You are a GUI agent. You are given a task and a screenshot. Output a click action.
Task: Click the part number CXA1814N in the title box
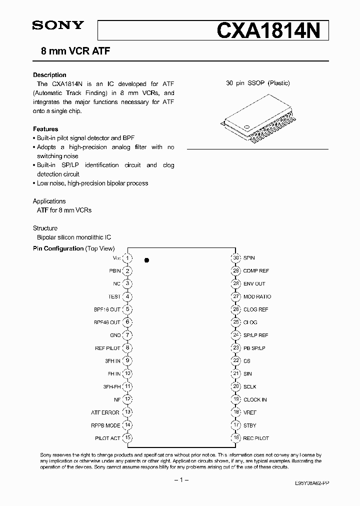(272, 30)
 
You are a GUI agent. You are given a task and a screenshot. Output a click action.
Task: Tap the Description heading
(49, 75)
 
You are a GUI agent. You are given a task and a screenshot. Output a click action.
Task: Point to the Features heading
(45, 129)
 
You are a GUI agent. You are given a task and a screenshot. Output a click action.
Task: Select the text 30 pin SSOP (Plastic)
(257, 83)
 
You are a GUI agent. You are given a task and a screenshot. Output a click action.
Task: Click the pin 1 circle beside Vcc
(128, 258)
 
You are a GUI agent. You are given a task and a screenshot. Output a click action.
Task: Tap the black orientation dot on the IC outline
(146, 260)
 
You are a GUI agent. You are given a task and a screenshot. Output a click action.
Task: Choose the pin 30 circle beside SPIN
(235, 258)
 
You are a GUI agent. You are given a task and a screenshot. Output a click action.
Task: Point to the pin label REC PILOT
(256, 438)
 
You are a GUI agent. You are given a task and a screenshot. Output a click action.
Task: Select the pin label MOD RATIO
(257, 296)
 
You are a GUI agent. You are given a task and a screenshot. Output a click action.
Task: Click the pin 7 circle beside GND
(128, 335)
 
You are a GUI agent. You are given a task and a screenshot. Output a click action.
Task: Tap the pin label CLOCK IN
(255, 399)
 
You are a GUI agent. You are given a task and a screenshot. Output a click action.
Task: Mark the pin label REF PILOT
(107, 348)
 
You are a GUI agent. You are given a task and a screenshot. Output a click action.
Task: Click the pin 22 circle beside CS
(235, 361)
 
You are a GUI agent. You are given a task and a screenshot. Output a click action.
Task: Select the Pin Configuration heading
(58, 248)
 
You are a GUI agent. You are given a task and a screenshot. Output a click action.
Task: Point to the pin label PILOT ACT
(107, 438)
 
